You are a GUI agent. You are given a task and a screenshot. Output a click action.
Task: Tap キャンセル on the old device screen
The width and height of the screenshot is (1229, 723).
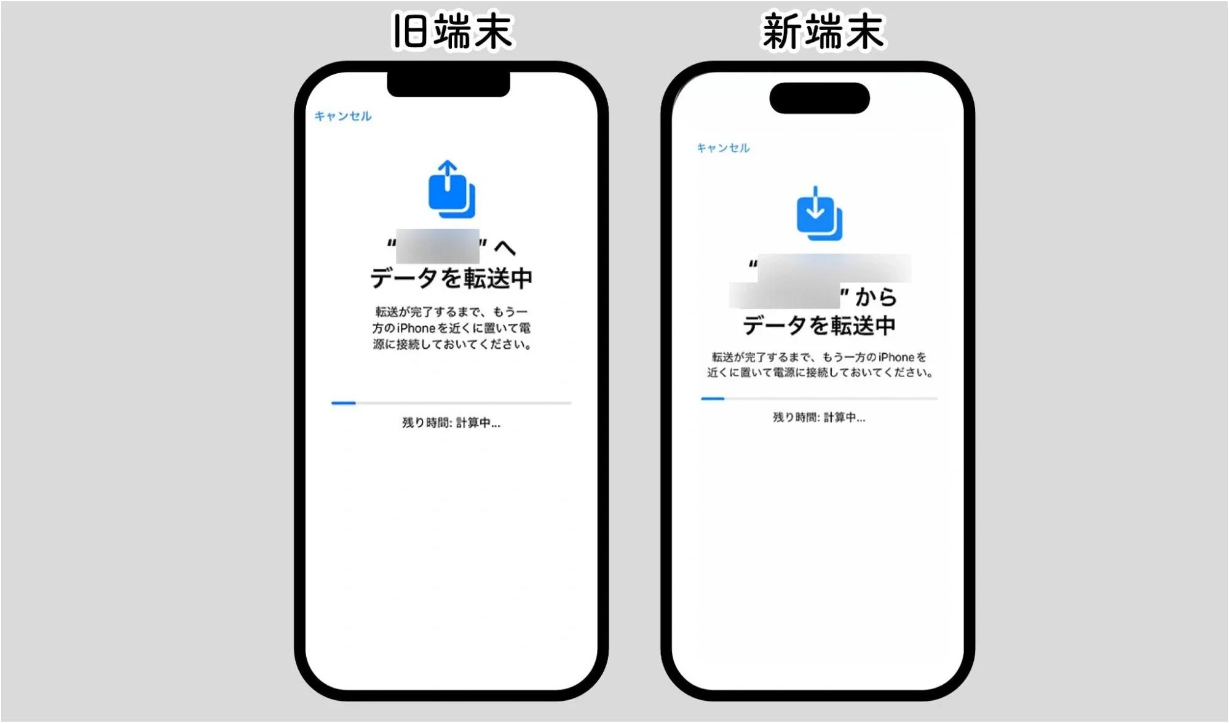coord(342,116)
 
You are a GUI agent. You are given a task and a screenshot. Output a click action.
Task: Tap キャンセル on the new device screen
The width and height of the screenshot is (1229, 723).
coord(723,148)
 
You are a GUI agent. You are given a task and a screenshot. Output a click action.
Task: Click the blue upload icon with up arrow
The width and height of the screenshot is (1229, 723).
coord(451,190)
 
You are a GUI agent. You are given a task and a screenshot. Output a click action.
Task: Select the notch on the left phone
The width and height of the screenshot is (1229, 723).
coord(448,84)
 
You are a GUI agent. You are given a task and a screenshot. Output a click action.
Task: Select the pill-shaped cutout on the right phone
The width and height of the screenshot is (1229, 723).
coord(820,98)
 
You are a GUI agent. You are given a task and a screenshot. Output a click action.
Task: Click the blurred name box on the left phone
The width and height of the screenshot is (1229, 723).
coord(437,246)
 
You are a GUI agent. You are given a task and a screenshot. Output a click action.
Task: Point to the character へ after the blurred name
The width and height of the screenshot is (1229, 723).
coord(505,248)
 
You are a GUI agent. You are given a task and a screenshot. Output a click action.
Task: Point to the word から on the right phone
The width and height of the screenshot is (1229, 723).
coord(876,298)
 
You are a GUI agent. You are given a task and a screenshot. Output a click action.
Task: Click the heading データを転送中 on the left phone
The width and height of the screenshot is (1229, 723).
coord(451,279)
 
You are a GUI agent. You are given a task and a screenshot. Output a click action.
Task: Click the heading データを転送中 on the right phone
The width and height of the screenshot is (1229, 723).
coord(819,326)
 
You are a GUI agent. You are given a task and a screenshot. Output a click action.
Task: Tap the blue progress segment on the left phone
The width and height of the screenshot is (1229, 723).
coord(344,403)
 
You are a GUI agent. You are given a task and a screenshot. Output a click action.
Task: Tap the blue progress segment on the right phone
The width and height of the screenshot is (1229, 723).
coord(713,399)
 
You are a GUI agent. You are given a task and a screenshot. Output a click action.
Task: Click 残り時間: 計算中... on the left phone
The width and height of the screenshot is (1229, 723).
coord(451,423)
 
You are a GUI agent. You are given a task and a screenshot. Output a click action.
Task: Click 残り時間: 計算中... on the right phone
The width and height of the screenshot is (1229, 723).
coord(819,418)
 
